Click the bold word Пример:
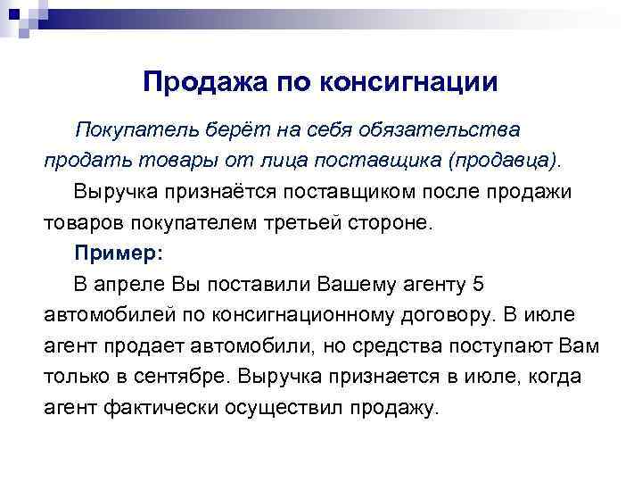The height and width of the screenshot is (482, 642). (119, 253)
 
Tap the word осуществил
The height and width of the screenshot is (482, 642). (285, 408)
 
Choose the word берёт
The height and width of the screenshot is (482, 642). (224, 130)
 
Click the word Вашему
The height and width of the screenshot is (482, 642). (348, 285)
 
